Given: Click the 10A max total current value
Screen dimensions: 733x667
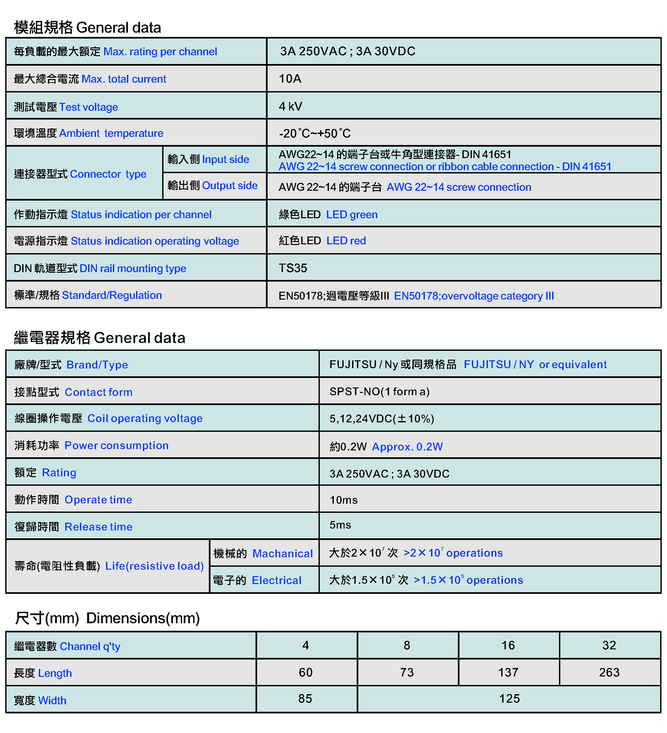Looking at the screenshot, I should click(x=289, y=78).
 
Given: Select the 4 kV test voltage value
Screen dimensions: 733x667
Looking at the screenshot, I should click(x=290, y=106).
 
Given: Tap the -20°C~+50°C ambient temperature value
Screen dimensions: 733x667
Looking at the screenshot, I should click(x=315, y=134).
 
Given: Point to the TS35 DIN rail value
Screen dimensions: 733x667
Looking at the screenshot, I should click(x=292, y=268).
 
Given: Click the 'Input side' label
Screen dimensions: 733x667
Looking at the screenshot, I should click(x=225, y=159).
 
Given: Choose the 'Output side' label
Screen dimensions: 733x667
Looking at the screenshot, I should click(x=230, y=186).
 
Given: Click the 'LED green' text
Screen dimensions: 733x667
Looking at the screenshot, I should click(x=352, y=215).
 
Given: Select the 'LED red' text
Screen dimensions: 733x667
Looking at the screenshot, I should click(x=346, y=241).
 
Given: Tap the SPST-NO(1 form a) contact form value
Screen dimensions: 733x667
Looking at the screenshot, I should click(x=379, y=392).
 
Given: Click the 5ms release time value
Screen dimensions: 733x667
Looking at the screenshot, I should click(x=340, y=525).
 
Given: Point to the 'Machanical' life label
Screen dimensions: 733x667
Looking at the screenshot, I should click(x=282, y=553).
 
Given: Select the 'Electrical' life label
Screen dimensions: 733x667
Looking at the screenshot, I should click(x=276, y=580).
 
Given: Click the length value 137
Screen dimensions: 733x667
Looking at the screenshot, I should click(x=508, y=672).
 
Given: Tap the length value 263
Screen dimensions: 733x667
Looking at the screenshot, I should click(x=609, y=672).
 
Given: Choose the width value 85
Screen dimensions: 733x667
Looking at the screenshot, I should click(x=305, y=698).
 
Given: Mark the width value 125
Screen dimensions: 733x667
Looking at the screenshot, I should click(x=509, y=698).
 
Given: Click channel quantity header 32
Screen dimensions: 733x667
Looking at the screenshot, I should click(x=609, y=645).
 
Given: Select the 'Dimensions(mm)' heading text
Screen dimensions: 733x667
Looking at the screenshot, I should click(x=143, y=618).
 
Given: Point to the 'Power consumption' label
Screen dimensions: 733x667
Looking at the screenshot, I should click(x=116, y=446).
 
